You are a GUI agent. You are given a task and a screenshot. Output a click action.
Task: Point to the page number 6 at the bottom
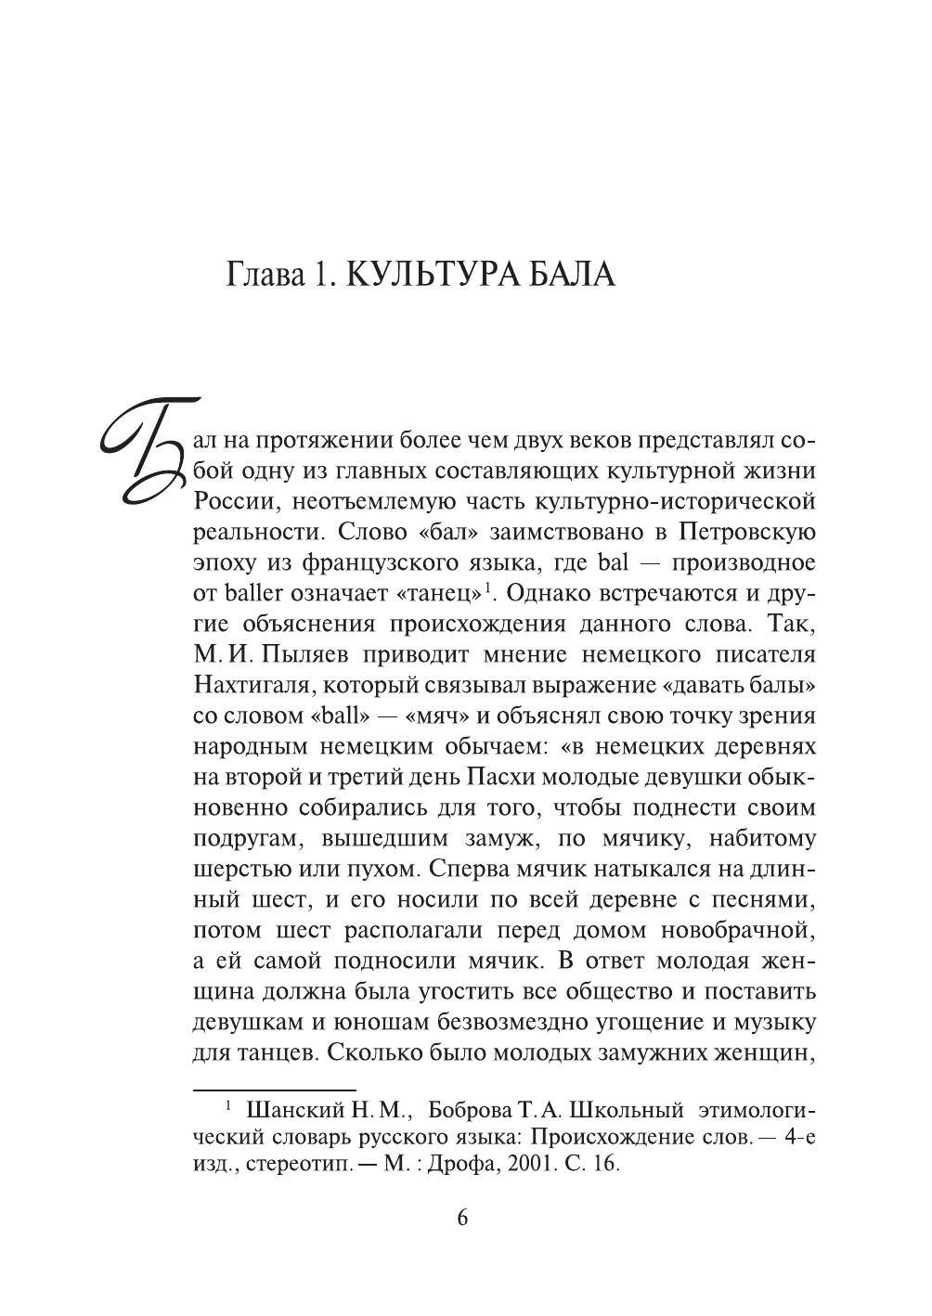click(463, 1218)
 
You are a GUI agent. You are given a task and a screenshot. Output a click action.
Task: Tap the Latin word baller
click(250, 594)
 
